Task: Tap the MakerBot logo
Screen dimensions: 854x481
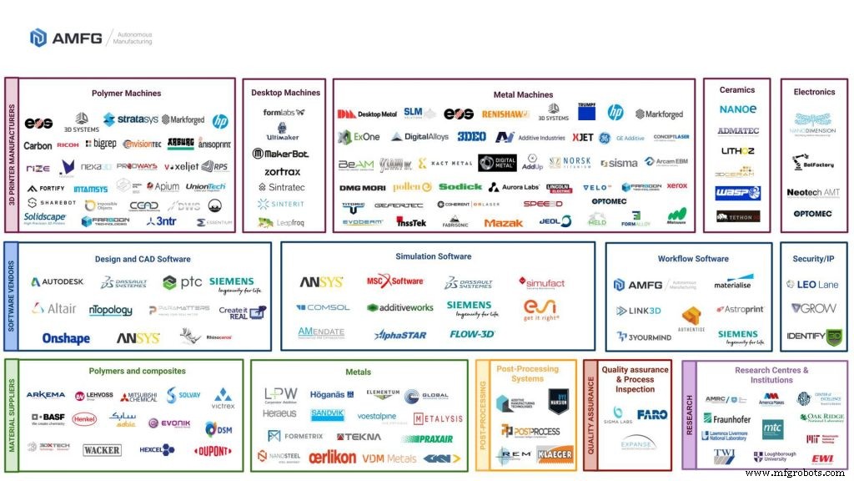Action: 281,154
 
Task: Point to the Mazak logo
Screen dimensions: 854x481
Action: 503,222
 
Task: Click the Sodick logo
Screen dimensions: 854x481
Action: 461,186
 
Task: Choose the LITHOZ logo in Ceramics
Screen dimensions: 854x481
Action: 737,151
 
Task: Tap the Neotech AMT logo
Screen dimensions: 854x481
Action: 814,193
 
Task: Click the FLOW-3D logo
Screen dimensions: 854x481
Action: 472,334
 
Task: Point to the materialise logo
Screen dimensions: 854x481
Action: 731,285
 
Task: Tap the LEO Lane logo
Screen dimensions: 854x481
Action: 813,285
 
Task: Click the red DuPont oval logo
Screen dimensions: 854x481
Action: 212,452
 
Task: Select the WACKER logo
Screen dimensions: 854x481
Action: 102,450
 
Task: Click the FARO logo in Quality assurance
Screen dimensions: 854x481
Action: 652,414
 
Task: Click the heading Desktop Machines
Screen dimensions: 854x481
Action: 285,93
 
